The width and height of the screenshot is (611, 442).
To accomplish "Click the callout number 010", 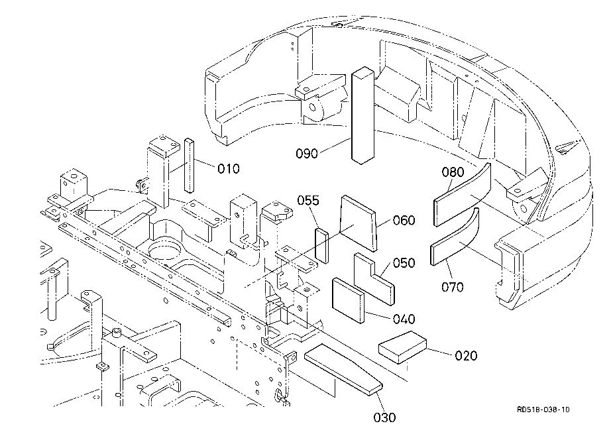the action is [229, 169].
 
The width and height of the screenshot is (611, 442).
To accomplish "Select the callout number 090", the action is [307, 154].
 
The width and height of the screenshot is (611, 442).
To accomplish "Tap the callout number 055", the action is [308, 200].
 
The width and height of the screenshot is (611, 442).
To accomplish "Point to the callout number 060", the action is [404, 220].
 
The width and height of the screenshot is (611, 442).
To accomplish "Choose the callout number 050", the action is [404, 263].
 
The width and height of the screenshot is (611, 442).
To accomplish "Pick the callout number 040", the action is [404, 319].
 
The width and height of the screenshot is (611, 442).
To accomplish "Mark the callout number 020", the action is [466, 355].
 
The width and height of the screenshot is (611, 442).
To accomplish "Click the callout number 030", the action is [384, 418].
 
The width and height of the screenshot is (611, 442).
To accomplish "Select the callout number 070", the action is [453, 287].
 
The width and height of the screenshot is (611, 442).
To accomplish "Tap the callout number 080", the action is [453, 172].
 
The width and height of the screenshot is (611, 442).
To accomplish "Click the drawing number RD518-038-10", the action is [543, 410].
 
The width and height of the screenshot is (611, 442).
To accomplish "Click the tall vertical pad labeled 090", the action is [362, 115].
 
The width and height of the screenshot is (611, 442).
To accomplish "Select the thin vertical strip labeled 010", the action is [189, 165].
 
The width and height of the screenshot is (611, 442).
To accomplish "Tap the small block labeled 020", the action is [402, 347].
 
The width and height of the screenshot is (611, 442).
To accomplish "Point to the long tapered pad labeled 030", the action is [343, 369].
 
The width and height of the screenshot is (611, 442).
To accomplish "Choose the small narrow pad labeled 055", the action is [322, 246].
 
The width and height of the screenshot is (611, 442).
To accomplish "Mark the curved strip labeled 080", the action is [462, 195].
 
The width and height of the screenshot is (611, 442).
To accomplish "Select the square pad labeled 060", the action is [358, 223].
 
